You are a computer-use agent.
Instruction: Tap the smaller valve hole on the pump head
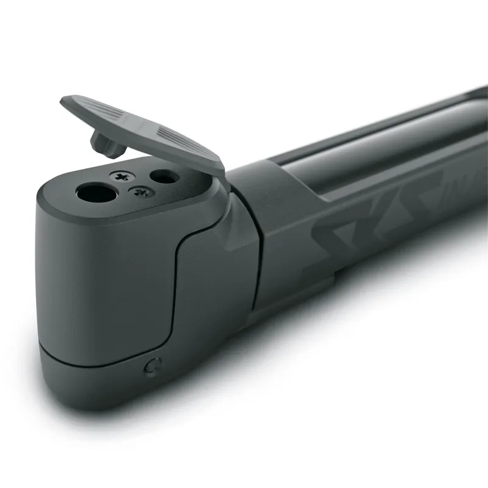pos(164,177)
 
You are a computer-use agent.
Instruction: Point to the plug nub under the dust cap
pos(103,142)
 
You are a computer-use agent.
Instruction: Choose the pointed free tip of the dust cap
pos(64,101)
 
